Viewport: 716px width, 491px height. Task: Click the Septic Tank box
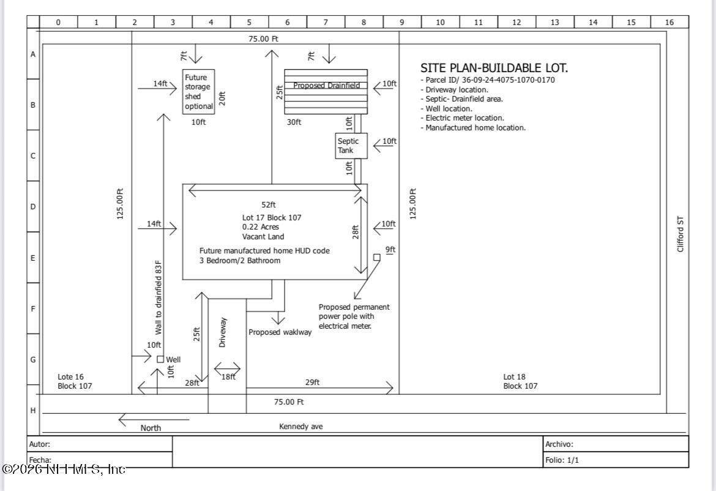[x=351, y=146]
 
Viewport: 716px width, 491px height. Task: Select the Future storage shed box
[x=199, y=92]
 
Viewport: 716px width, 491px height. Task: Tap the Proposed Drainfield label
[x=327, y=86]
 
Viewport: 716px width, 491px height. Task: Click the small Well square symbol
[x=160, y=359]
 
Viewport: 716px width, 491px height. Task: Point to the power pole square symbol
[x=377, y=258]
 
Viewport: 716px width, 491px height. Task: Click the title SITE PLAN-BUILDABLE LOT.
[x=494, y=68]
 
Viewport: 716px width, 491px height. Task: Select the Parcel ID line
[x=488, y=80]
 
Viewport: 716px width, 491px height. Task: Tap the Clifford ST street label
[x=681, y=234]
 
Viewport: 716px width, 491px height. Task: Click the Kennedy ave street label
[x=301, y=427]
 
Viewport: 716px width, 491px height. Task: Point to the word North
[x=151, y=428]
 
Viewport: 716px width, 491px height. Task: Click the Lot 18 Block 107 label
[x=520, y=381]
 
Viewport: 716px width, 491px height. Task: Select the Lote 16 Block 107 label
[x=75, y=381]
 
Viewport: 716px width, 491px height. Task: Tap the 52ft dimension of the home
[x=269, y=204]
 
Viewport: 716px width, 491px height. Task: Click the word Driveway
[x=222, y=332]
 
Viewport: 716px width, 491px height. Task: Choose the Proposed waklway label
[x=280, y=332]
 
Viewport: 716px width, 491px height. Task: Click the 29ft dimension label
[x=312, y=382]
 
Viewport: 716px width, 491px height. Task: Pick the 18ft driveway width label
[x=228, y=377]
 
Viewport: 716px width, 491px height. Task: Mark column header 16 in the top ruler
[x=669, y=22]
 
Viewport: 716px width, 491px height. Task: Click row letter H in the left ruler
[x=33, y=411]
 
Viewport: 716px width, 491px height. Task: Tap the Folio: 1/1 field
[x=562, y=460]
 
